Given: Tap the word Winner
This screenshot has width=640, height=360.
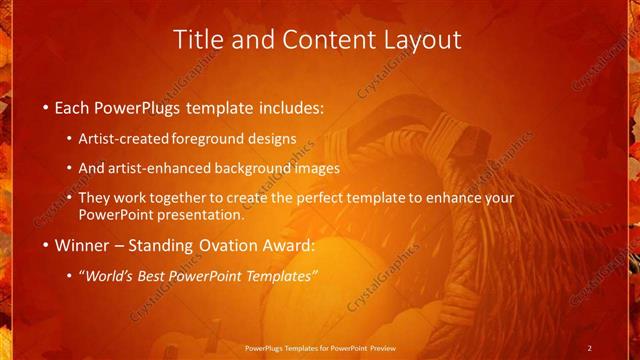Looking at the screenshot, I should tap(82, 244).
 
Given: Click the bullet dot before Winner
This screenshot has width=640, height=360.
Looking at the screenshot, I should tap(46, 245).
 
